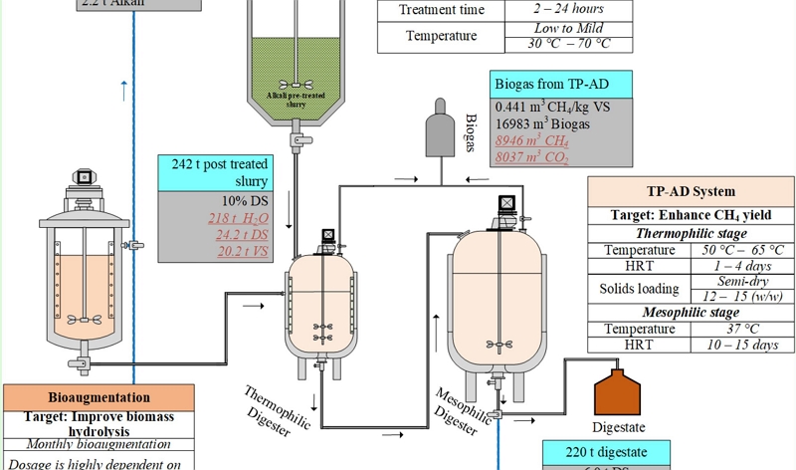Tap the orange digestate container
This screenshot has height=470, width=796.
tap(621, 392)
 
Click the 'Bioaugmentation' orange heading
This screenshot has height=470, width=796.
tap(99, 397)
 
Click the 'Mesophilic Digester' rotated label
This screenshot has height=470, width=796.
tap(464, 408)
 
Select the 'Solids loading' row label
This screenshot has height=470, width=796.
tap(638, 289)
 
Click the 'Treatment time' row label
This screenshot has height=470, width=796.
tap(442, 10)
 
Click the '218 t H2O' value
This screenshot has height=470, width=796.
tap(229, 217)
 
